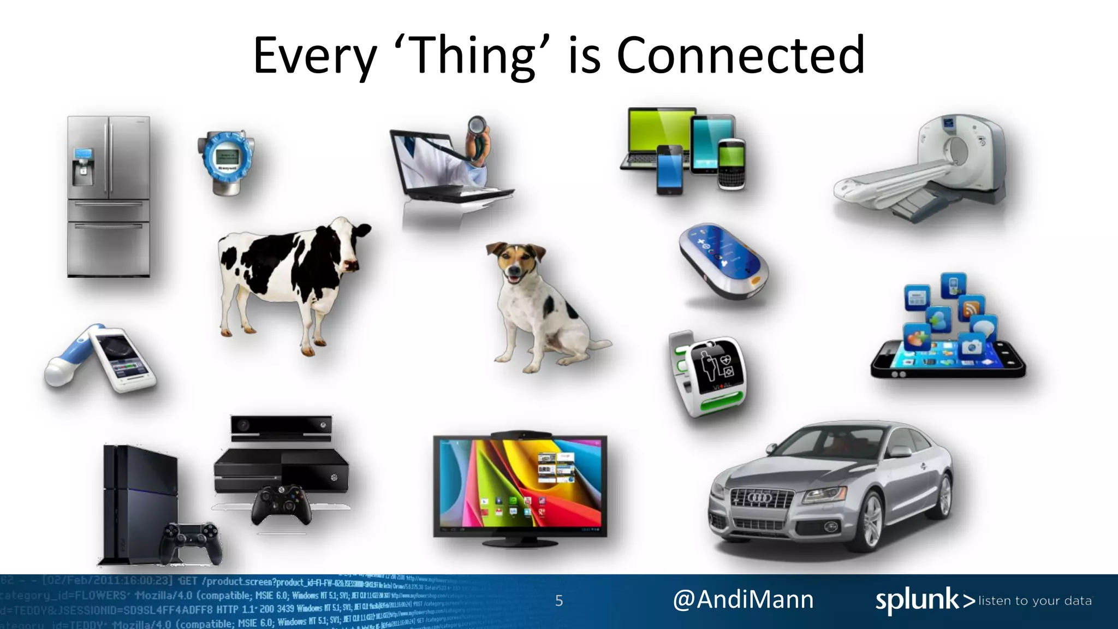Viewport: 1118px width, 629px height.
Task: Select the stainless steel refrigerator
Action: [x=109, y=197]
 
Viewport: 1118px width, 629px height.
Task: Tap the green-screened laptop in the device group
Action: [x=656, y=137]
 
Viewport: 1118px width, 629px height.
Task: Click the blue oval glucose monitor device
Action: [x=723, y=260]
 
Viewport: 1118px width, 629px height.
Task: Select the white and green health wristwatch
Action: [x=708, y=373]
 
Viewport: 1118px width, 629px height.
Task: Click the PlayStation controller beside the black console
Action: [x=191, y=540]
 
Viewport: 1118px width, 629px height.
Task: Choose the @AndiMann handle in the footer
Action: [x=743, y=600]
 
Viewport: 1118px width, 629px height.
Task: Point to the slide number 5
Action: [x=559, y=601]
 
